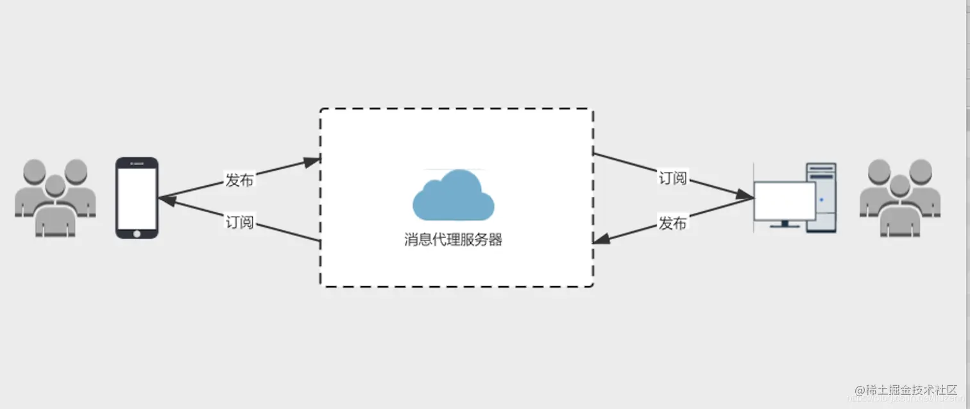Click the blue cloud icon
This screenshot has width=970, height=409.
(453, 196)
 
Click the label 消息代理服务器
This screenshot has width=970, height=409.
(453, 240)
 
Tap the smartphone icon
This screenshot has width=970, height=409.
(137, 197)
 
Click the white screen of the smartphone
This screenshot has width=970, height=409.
(137, 195)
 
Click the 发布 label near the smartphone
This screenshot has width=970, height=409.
(239, 180)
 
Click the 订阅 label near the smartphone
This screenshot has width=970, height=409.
(239, 222)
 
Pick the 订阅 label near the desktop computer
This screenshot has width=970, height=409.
(673, 178)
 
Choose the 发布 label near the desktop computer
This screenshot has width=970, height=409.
(673, 223)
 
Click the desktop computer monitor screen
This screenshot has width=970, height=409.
(784, 201)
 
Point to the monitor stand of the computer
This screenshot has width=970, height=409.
(785, 224)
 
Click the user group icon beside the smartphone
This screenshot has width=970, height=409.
(55, 197)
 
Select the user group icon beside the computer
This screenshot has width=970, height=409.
(900, 197)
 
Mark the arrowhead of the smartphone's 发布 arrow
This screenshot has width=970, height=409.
(312, 161)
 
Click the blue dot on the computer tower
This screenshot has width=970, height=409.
(821, 200)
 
